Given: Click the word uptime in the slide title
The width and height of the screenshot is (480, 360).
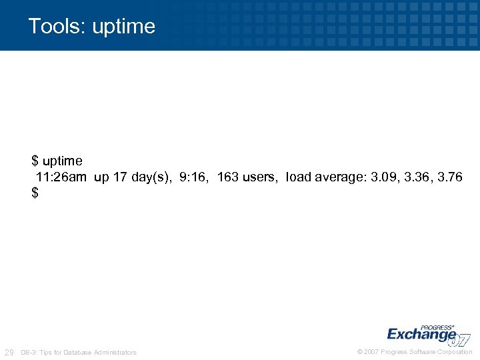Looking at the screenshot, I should [x=124, y=27].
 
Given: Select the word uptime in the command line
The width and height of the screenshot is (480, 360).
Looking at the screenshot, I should [x=63, y=161].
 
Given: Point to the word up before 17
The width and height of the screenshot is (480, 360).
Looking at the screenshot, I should [x=101, y=177].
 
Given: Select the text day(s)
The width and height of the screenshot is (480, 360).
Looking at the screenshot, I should [x=151, y=177].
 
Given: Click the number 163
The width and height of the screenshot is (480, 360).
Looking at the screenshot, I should [x=228, y=177].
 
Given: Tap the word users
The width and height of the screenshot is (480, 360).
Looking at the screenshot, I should [x=260, y=177].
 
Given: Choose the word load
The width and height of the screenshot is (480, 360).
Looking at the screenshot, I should [x=297, y=177].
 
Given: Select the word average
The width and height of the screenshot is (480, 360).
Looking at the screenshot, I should [x=339, y=177].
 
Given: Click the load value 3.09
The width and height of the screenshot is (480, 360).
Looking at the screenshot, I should [x=384, y=177].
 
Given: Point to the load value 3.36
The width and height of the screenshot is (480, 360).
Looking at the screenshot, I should [x=417, y=177].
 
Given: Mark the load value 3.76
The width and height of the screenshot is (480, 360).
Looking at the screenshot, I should [x=449, y=177].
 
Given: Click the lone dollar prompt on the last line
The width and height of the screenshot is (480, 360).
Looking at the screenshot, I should [x=35, y=193].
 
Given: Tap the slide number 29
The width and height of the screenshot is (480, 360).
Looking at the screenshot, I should [x=9, y=352].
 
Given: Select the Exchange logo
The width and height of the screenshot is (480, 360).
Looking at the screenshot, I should [x=427, y=334].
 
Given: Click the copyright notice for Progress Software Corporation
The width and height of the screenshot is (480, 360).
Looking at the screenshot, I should [x=415, y=352].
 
